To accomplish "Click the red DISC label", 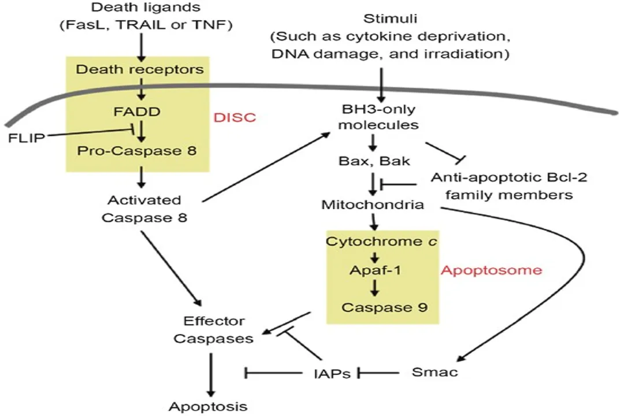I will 235,117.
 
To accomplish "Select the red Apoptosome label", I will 492,270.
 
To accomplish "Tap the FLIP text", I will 27,139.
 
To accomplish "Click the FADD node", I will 140,112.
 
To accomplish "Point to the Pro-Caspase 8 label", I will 139,151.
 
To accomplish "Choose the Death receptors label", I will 140,70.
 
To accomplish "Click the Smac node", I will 434,372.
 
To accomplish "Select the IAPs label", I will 329,373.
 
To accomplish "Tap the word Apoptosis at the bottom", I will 208,406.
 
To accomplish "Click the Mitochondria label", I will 372,205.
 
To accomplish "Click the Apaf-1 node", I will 376,270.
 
